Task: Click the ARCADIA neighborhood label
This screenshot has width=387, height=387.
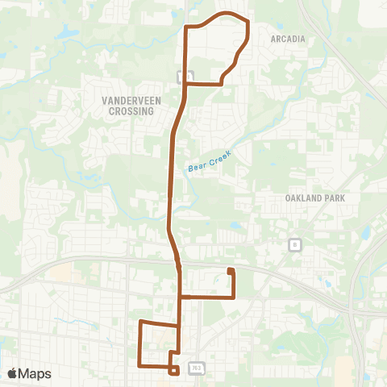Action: coord(288,38)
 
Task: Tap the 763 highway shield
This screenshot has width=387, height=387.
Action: coord(196,368)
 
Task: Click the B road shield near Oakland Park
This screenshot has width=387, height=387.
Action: coord(296,244)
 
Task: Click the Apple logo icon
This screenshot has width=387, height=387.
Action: coord(13,373)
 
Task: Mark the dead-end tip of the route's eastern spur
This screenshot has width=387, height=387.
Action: coord(230,270)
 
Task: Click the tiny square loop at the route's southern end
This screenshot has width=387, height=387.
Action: coord(174,370)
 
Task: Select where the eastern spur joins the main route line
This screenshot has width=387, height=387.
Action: coord(180,297)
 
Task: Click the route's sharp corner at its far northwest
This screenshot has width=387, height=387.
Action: coord(187,27)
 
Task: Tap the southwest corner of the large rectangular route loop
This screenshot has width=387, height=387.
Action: coord(141,364)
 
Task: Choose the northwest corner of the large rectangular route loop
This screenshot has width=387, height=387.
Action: coord(142,322)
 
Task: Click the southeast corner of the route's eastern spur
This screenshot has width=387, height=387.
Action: coord(234,297)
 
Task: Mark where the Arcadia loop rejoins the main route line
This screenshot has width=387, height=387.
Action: coord(186,82)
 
